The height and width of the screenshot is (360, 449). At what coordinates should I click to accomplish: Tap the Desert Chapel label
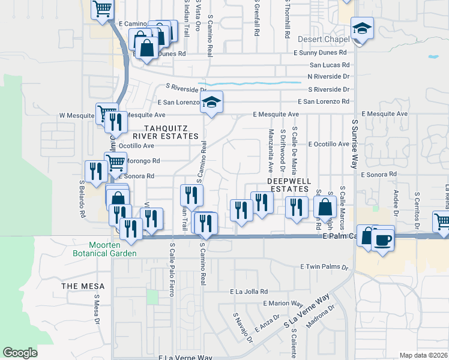click(324, 40)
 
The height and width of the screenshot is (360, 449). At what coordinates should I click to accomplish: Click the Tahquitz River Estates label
click(170, 132)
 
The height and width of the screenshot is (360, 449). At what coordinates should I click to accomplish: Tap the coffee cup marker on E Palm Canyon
click(382, 240)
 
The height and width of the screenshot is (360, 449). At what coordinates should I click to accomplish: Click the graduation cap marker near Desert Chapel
click(362, 28)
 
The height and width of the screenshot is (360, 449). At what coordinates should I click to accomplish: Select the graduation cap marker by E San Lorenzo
click(211, 103)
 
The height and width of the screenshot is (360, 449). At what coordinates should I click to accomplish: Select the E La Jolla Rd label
click(249, 292)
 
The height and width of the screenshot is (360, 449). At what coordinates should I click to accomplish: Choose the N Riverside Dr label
click(328, 77)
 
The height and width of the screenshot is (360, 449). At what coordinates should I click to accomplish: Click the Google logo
click(20, 353)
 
